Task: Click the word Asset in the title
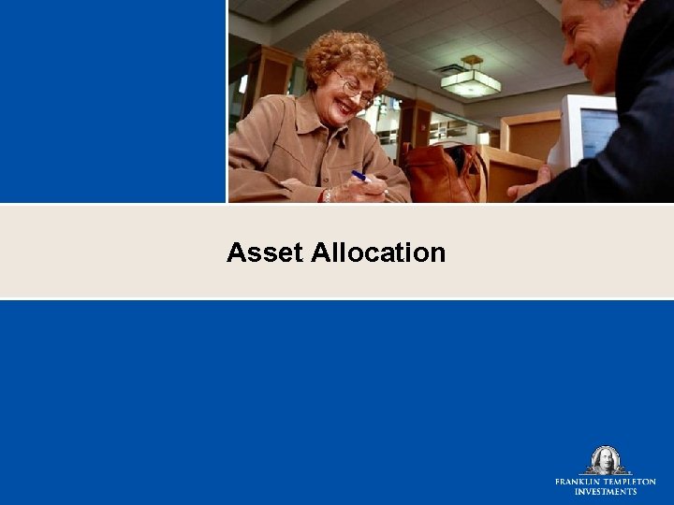coord(264,252)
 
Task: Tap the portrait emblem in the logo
coord(605,460)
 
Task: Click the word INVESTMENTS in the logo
coord(605,492)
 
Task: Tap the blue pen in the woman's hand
coord(359,176)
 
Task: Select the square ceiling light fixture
coord(470,82)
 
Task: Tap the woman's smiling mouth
coord(347,108)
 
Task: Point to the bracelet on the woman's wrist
coord(327,195)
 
